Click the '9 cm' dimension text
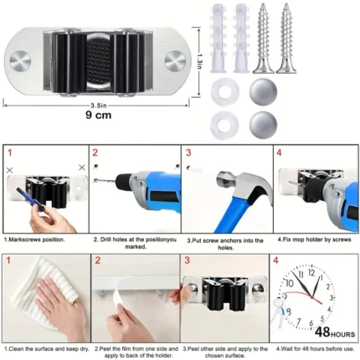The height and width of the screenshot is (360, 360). [98, 115]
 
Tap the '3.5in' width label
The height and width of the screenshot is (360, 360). [99, 105]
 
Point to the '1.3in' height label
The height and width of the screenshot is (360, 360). [199, 61]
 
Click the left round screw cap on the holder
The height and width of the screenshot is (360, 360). [20, 61]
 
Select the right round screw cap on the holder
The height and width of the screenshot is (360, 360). [175, 60]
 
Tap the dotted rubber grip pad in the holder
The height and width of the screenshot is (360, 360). [100, 61]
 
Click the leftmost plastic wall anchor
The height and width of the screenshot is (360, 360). [218, 39]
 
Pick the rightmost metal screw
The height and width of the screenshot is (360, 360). [286, 39]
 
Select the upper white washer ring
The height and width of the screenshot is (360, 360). [225, 91]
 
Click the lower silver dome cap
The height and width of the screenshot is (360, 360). [263, 126]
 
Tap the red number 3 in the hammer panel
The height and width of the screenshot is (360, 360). [188, 152]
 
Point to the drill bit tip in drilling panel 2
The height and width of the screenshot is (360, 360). [95, 180]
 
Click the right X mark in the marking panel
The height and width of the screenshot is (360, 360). [82, 167]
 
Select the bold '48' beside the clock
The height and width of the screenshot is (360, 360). [322, 332]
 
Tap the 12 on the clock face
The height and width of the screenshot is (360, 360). [311, 272]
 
